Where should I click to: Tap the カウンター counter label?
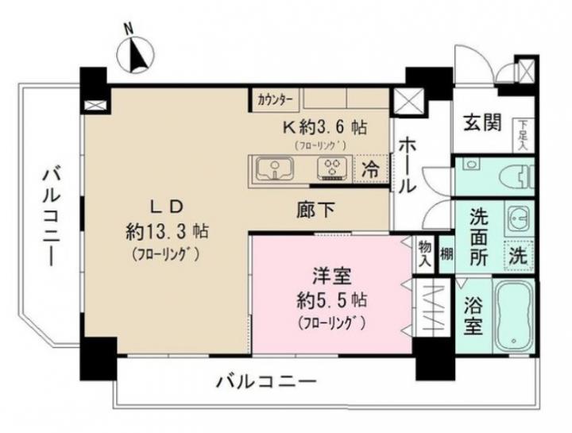275,99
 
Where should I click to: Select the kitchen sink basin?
275,170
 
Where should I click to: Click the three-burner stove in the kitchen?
332,168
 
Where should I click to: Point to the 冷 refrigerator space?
371,170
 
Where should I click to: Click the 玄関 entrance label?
482,123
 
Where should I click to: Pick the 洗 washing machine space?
519,256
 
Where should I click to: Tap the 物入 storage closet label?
425,254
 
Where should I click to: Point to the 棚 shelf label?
446,254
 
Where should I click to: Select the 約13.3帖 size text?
167,231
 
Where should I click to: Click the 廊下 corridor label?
315,210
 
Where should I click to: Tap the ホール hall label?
407,166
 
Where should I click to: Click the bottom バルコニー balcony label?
266,382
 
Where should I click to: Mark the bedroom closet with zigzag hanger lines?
433,308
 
